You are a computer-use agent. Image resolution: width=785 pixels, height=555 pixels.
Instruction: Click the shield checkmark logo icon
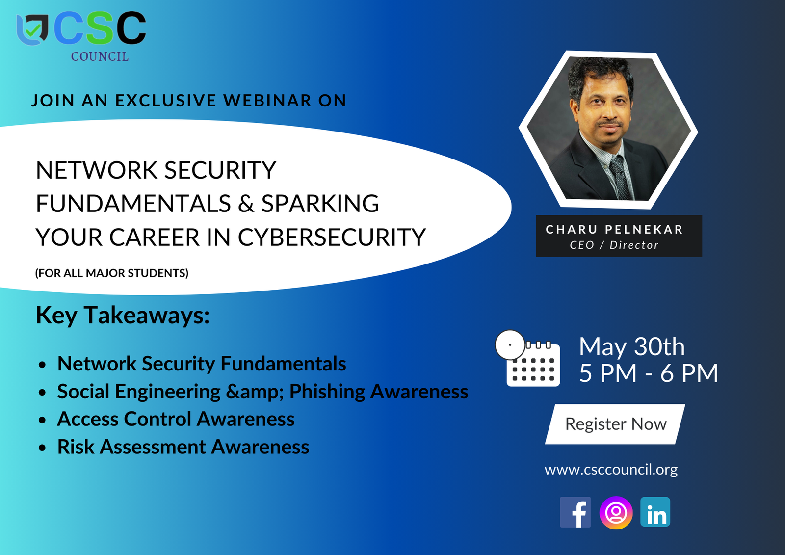click(32, 30)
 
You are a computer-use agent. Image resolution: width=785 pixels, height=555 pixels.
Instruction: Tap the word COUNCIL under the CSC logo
click(100, 56)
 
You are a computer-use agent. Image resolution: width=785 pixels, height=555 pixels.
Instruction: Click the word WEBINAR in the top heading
click(267, 100)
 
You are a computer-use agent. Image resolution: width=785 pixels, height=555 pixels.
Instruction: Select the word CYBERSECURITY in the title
click(332, 237)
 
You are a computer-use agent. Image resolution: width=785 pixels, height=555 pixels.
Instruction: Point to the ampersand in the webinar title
click(246, 203)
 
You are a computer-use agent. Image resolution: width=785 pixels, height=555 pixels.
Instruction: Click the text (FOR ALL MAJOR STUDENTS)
click(112, 273)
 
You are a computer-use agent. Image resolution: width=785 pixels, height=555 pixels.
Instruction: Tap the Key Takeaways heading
click(123, 315)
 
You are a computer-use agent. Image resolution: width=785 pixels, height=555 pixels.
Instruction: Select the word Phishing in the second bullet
click(327, 392)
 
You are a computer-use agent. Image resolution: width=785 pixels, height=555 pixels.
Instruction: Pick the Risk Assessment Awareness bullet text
click(183, 447)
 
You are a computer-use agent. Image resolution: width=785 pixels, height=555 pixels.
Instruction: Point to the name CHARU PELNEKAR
click(614, 229)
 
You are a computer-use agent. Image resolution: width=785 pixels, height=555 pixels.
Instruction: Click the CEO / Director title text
click(614, 245)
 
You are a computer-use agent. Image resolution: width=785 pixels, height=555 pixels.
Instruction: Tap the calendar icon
click(528, 358)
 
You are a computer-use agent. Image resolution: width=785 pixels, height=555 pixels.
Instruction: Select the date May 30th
click(631, 347)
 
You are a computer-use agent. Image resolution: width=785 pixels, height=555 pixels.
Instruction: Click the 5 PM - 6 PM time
click(648, 373)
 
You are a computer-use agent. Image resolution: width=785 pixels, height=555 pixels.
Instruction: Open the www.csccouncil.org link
click(611, 470)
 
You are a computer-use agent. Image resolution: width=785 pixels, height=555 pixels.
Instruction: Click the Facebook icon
click(575, 512)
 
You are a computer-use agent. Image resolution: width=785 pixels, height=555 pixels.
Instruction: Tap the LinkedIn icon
click(655, 512)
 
